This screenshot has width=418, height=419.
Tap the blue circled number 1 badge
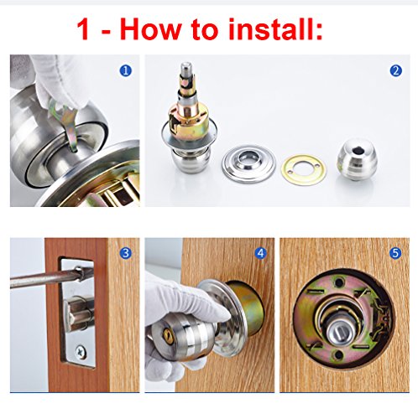(125, 70)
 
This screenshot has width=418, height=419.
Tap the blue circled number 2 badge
(395, 70)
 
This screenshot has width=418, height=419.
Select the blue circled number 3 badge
(125, 253)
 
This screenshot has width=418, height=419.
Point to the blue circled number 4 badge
(260, 253)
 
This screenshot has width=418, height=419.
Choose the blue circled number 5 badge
(395, 253)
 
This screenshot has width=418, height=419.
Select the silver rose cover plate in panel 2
(248, 164)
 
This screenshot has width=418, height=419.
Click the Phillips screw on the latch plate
(81, 352)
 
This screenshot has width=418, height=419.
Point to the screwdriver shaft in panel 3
(48, 278)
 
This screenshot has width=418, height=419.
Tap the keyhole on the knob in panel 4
(168, 334)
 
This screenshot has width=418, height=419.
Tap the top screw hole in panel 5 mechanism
(339, 282)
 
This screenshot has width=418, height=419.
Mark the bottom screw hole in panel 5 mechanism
(338, 355)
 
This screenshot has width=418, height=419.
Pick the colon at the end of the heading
(319, 32)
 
